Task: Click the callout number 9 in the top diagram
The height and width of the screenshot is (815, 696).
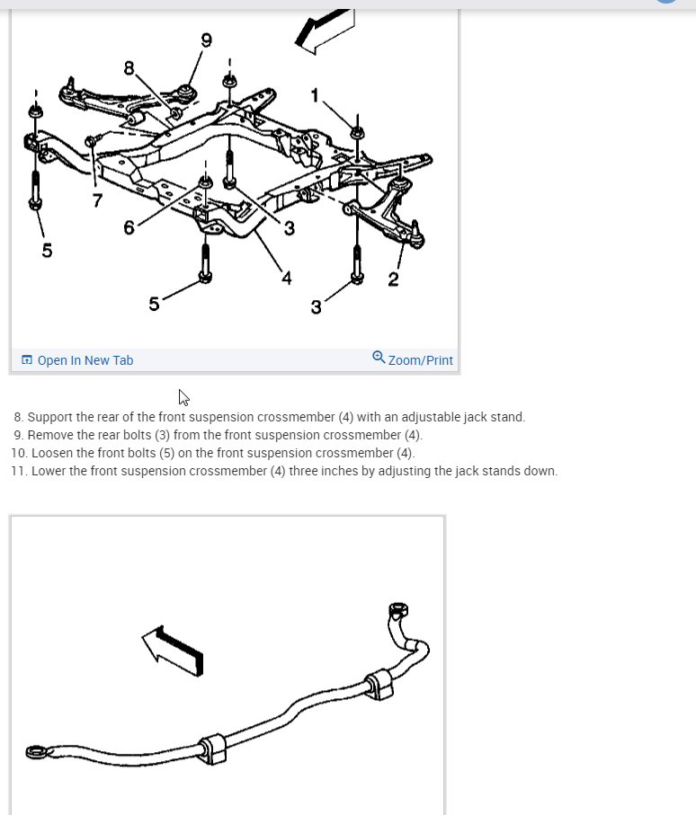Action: (x=207, y=40)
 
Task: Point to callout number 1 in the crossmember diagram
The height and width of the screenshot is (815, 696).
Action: (x=315, y=95)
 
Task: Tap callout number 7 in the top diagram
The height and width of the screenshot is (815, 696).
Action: (x=97, y=199)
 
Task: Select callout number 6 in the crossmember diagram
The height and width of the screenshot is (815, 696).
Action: (x=129, y=228)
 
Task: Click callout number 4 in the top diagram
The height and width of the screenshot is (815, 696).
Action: (x=286, y=278)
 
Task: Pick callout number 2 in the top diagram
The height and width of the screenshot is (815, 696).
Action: (x=393, y=279)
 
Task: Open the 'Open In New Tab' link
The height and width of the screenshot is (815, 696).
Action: (x=85, y=360)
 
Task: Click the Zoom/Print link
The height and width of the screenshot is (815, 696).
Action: (x=420, y=360)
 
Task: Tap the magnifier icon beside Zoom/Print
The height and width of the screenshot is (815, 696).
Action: (x=379, y=357)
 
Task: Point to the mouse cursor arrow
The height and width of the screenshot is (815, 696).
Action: (x=183, y=397)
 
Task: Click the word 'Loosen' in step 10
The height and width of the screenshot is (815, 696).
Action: (x=53, y=453)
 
